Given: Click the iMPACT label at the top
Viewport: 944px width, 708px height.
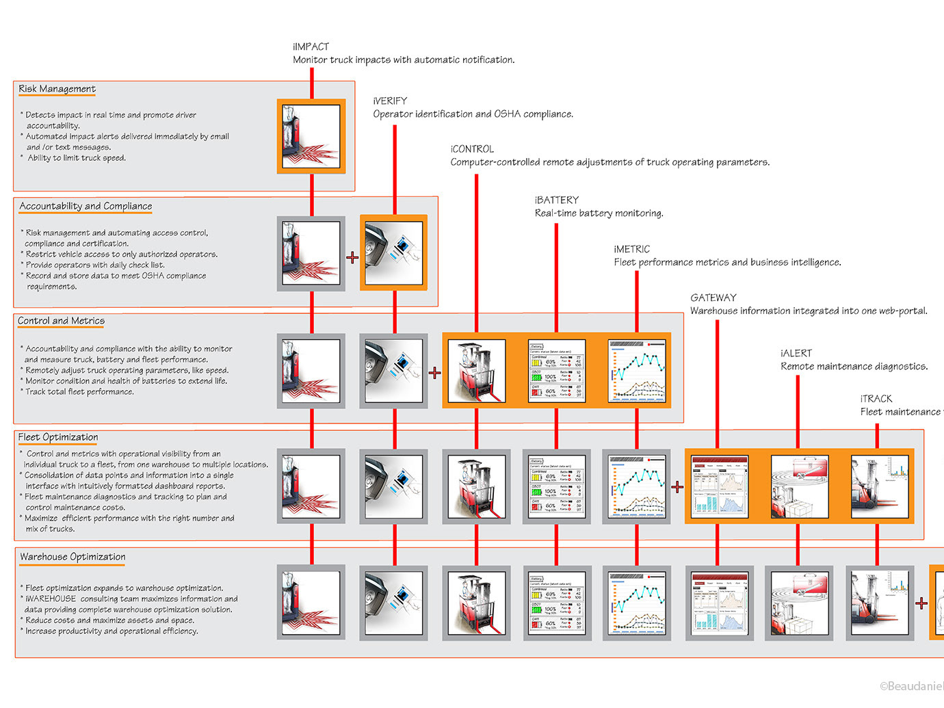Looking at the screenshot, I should coord(311,47).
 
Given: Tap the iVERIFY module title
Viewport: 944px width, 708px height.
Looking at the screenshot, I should coord(390,101).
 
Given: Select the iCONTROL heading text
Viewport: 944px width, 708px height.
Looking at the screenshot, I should coord(472,148).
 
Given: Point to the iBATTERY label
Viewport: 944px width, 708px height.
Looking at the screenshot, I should coord(557,200).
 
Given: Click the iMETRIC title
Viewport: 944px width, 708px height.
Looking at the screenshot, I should coord(631,249).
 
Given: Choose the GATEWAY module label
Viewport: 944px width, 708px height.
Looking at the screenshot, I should coord(713,298).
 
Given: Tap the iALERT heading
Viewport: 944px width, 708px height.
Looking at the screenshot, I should coord(796,353).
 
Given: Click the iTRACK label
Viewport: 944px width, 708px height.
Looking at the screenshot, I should coord(876,398).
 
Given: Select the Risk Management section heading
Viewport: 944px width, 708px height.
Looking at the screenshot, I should coord(57,89).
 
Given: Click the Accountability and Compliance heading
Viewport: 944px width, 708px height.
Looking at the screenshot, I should coord(86,206).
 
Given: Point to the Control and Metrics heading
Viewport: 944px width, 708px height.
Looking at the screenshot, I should coord(61,321).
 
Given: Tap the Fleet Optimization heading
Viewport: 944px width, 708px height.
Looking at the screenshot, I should coord(58,437).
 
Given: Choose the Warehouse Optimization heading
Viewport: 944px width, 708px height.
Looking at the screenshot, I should coord(73,557).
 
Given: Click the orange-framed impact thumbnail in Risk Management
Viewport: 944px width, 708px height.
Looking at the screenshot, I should coord(311,136).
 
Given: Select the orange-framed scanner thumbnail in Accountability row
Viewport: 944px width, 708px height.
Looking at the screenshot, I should coord(393,252).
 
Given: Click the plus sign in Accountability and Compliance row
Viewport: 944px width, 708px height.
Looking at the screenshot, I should coord(352,257).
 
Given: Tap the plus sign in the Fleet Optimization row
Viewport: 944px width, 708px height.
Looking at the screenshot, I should coord(677,486).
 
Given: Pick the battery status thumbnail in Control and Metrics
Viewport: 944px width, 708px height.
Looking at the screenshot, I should coord(557,370).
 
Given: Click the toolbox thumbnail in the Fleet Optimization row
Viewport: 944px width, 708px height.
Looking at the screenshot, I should coord(799,486).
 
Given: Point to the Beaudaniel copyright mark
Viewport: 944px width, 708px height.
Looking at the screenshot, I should coord(911,686).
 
